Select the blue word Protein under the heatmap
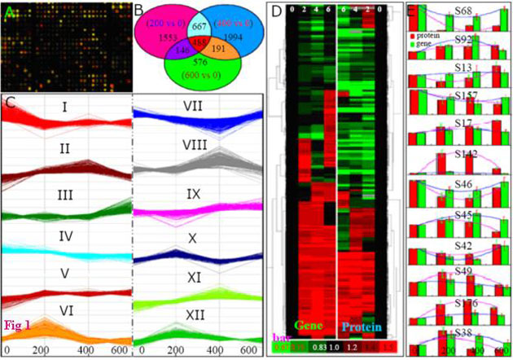click(x=362, y=327)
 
